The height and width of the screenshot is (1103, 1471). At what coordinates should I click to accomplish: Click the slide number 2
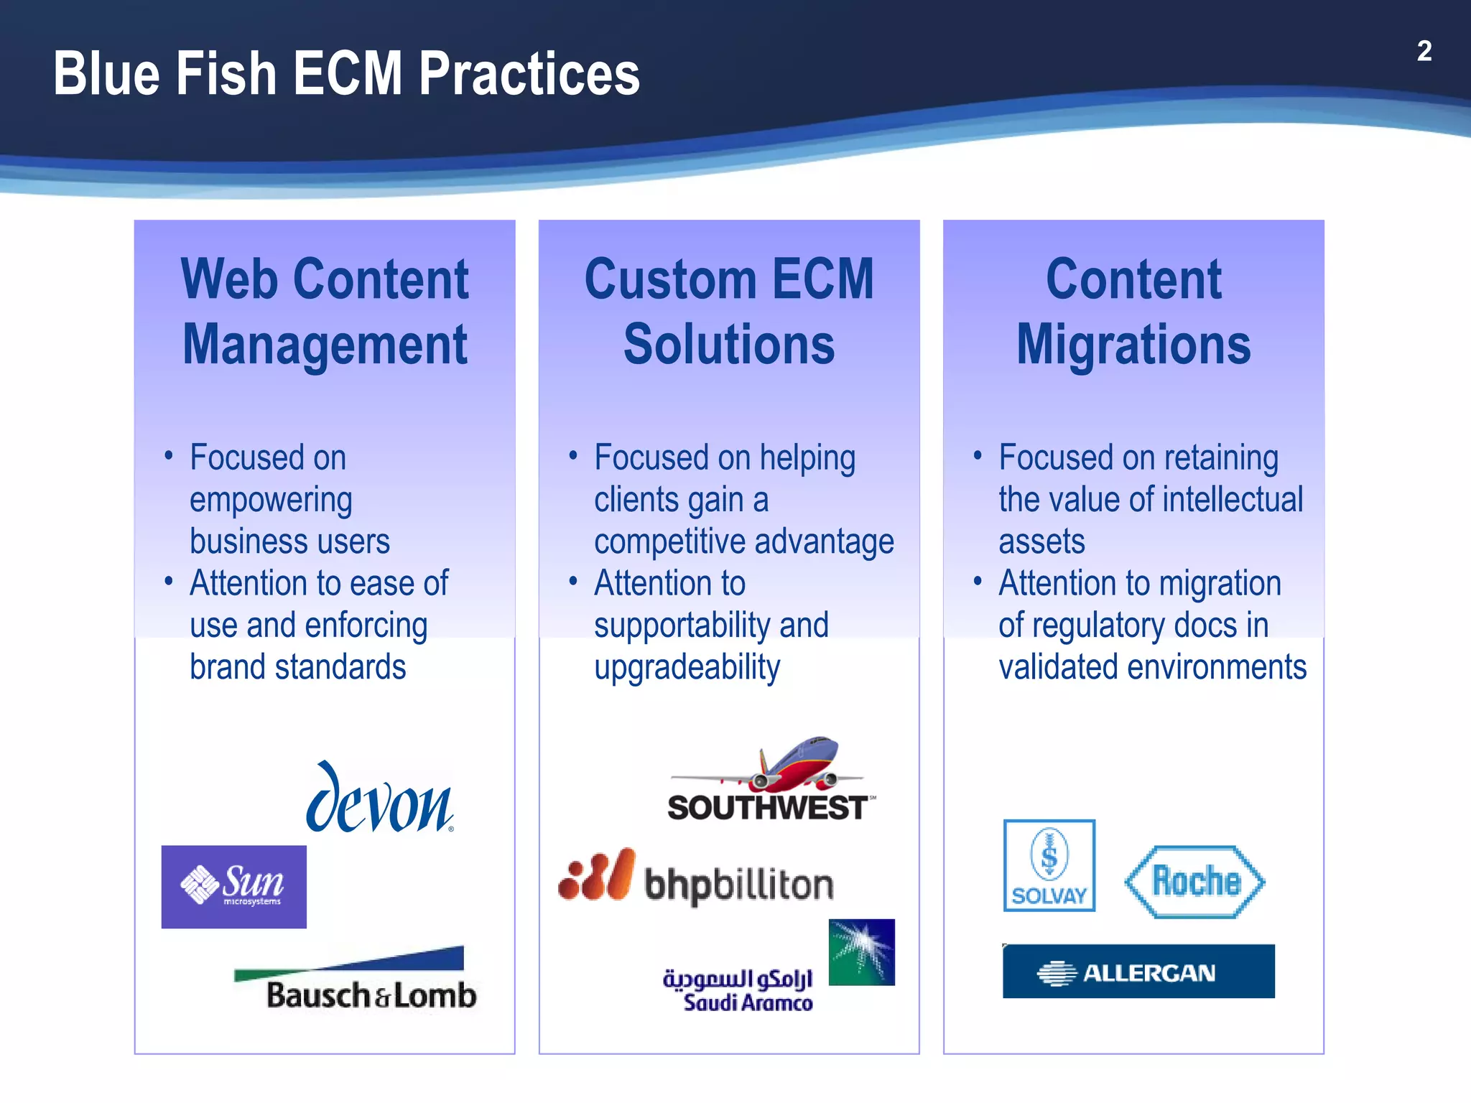(1424, 51)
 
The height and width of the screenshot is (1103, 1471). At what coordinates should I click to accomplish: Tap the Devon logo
(380, 799)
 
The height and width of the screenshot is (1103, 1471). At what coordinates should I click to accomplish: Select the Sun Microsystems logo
(234, 886)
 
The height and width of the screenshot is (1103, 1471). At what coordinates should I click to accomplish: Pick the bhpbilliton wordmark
(739, 884)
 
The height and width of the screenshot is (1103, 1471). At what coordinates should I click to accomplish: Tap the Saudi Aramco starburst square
(861, 951)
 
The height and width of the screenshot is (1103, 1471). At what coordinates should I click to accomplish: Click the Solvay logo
(1049, 865)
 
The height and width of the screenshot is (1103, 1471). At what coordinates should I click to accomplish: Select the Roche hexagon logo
(1195, 882)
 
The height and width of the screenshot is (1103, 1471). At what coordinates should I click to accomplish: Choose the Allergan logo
(1138, 972)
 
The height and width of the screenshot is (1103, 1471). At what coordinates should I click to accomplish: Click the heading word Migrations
(1133, 345)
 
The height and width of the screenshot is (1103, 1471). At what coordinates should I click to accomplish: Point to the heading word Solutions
(729, 345)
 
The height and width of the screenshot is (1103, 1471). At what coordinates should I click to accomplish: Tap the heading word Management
(325, 345)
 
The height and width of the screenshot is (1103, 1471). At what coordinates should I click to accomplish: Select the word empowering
(271, 501)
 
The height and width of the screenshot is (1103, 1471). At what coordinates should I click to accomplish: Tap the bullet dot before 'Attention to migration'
(977, 580)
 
